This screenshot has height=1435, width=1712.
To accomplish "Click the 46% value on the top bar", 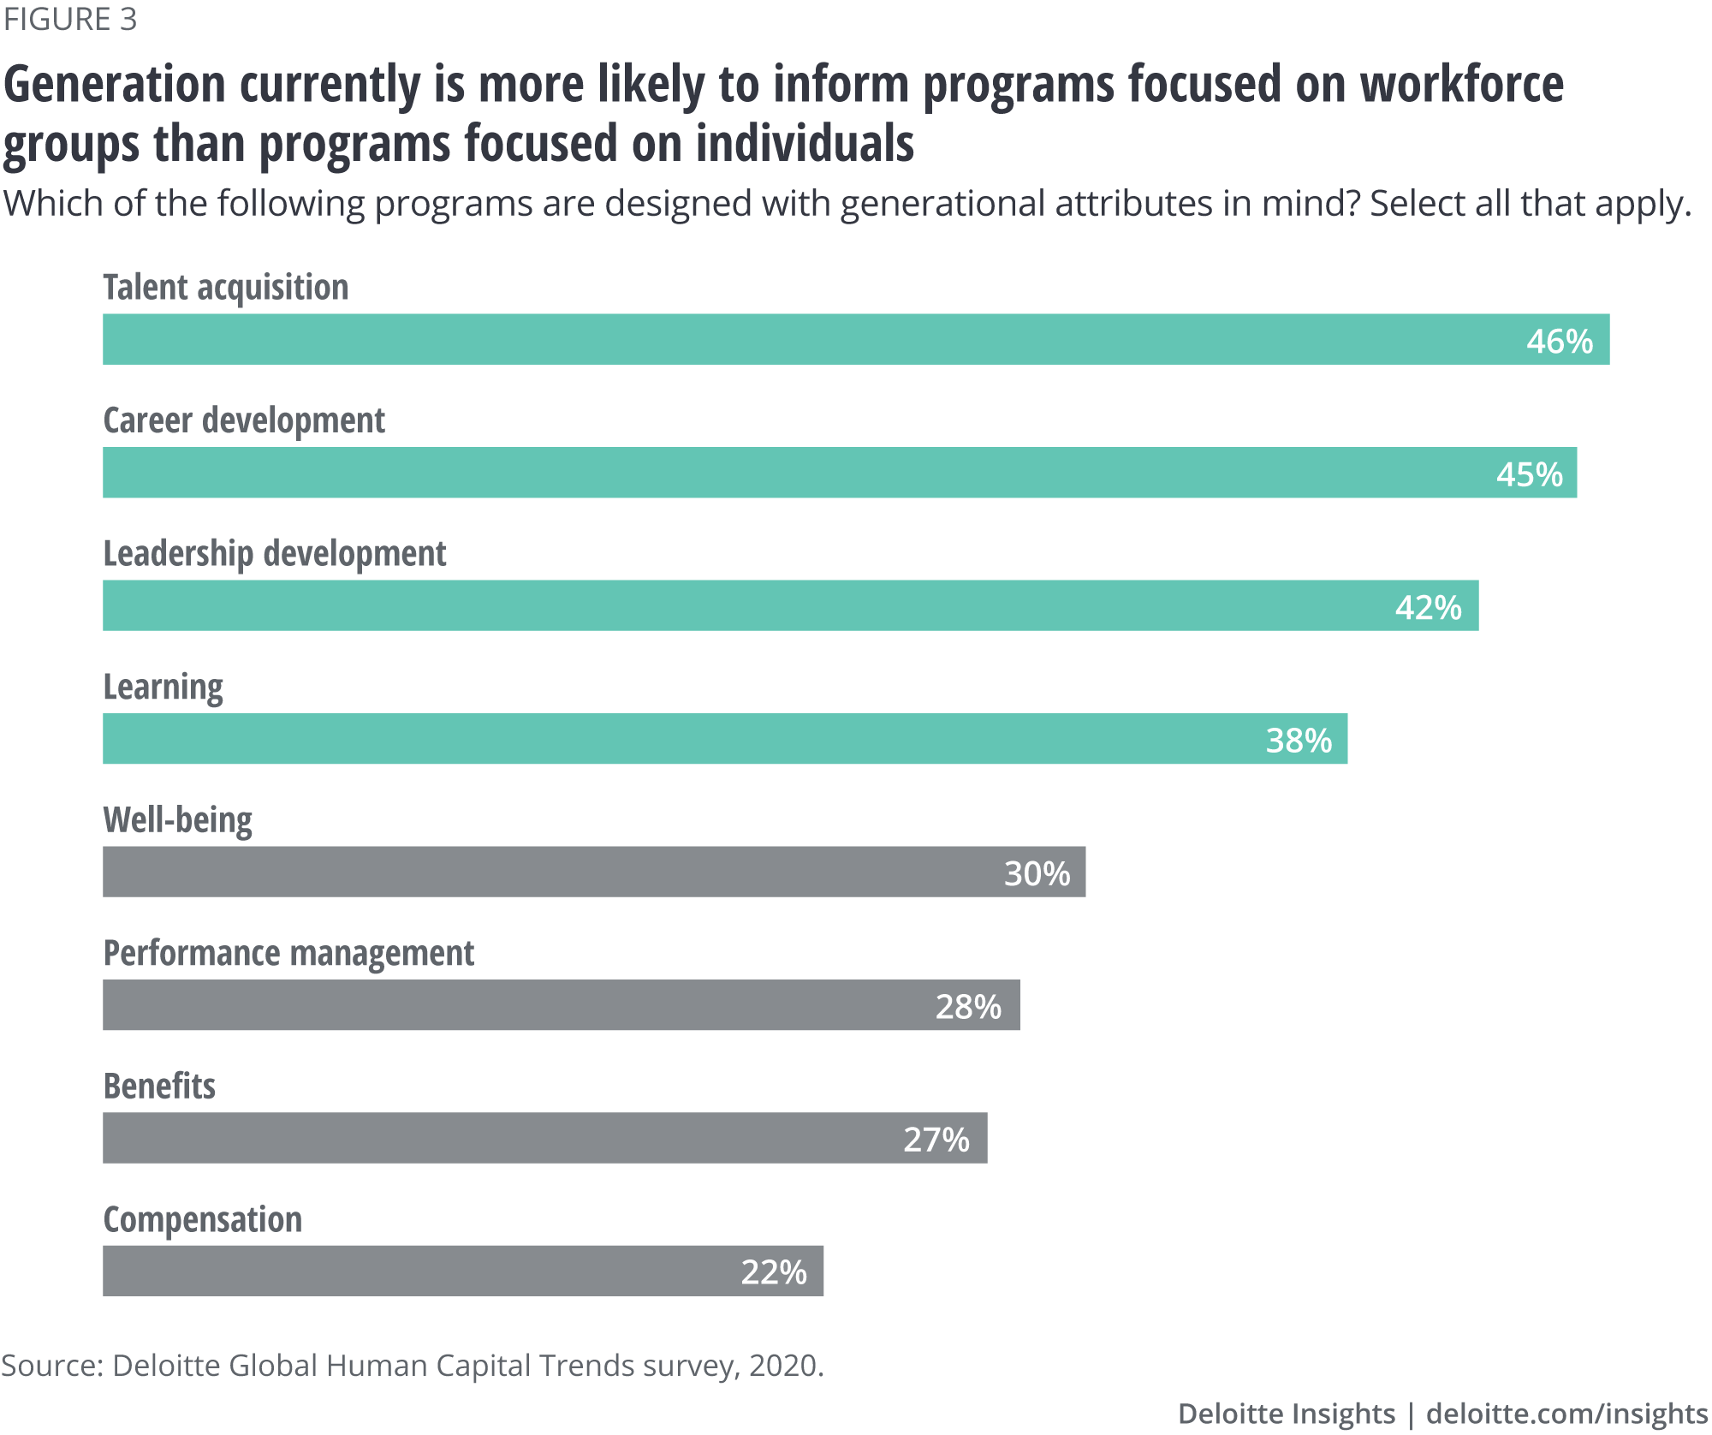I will [x=1559, y=341].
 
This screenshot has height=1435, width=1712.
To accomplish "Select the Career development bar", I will [x=839, y=473].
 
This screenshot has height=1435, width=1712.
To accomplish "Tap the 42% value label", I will [x=1428, y=607].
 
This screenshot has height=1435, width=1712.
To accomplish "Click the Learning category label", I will [x=163, y=688].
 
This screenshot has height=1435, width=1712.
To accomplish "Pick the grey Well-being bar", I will [x=593, y=872].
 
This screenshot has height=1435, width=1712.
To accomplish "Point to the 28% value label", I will [x=967, y=1006].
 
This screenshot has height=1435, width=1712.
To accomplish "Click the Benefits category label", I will [x=159, y=1086].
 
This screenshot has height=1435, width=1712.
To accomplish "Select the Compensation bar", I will [x=462, y=1271].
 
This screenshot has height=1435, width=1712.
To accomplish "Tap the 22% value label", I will [x=773, y=1272].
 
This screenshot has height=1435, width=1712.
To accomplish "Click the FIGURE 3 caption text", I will [x=70, y=19].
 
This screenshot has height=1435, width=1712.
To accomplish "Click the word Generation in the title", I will [x=115, y=85].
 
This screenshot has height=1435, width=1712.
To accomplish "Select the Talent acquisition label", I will [x=226, y=288].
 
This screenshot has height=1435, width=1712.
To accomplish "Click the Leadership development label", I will [x=274, y=554].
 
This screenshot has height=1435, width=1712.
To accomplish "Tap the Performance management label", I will [x=288, y=953].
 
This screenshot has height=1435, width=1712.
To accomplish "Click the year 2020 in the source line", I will [x=782, y=1365].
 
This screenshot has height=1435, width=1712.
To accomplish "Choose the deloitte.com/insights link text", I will [x=1566, y=1413].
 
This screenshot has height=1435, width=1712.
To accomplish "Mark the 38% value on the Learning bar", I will [x=1298, y=741].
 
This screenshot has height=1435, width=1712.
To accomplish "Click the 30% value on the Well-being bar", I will [x=1036, y=873].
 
